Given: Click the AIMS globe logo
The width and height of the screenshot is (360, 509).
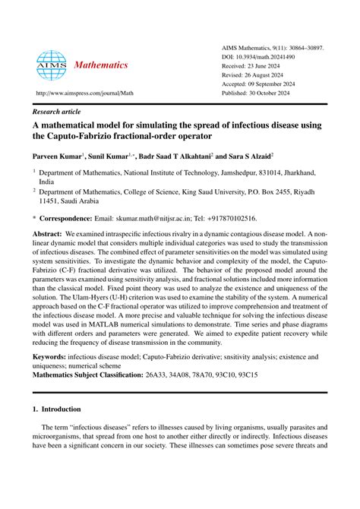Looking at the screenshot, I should click(51, 65).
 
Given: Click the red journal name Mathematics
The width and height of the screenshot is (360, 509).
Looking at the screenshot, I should click(101, 65).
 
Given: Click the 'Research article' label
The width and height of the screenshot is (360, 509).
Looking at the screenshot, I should click(62, 109).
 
